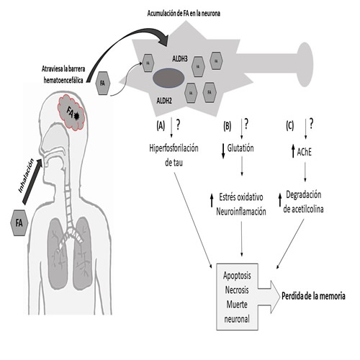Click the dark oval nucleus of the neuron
[169, 77]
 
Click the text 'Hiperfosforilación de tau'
[172, 156]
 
